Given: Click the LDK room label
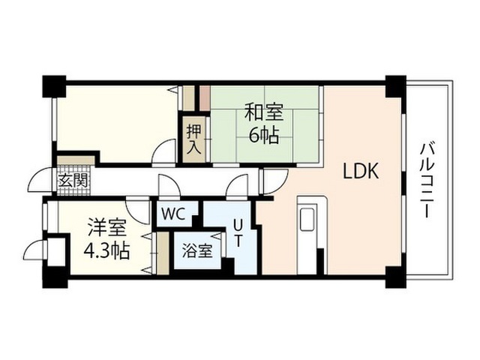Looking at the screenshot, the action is tap(361, 171).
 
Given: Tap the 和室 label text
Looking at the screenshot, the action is tap(264, 112).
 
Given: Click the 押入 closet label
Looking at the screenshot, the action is tap(194, 139).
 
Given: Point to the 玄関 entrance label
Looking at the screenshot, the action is tap(73, 180).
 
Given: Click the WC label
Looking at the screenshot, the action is tap(173, 214).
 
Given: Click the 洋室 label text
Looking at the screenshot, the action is tap(106, 227).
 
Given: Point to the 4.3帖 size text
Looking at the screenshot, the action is tap(106, 250).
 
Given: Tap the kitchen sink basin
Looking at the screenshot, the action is tap(307, 219).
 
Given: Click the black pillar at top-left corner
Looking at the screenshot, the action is tap(54, 86).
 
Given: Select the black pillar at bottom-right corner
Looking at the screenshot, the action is tap(395, 277).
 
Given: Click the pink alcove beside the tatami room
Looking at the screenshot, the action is tap(205, 98).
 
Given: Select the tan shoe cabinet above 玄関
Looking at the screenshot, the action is tap(76, 160).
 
